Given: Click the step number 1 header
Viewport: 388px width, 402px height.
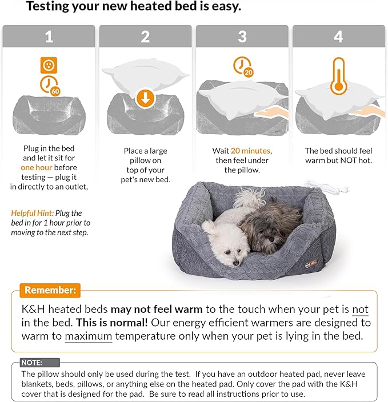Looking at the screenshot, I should (49, 37).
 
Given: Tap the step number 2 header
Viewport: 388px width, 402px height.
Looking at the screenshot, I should (145, 37).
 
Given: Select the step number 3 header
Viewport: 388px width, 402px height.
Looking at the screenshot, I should (242, 37).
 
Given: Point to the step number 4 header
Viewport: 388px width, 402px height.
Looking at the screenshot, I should (339, 37).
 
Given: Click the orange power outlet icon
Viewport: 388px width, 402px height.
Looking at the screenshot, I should (48, 65).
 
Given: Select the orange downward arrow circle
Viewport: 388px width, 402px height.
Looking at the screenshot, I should (146, 99).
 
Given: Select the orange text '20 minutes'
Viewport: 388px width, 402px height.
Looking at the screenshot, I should (251, 151).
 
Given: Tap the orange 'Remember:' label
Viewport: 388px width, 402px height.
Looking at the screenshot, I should (50, 290).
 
